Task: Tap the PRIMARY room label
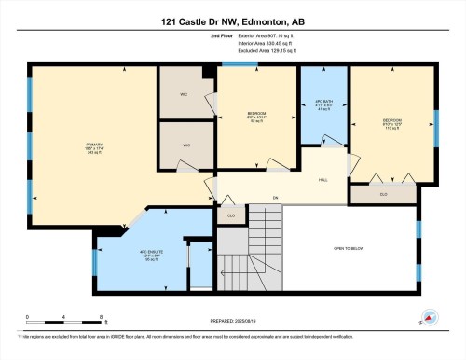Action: pos(93,145)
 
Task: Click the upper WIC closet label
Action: pos(186,93)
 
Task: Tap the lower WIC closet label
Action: pos(186,145)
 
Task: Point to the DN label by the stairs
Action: pos(275,198)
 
